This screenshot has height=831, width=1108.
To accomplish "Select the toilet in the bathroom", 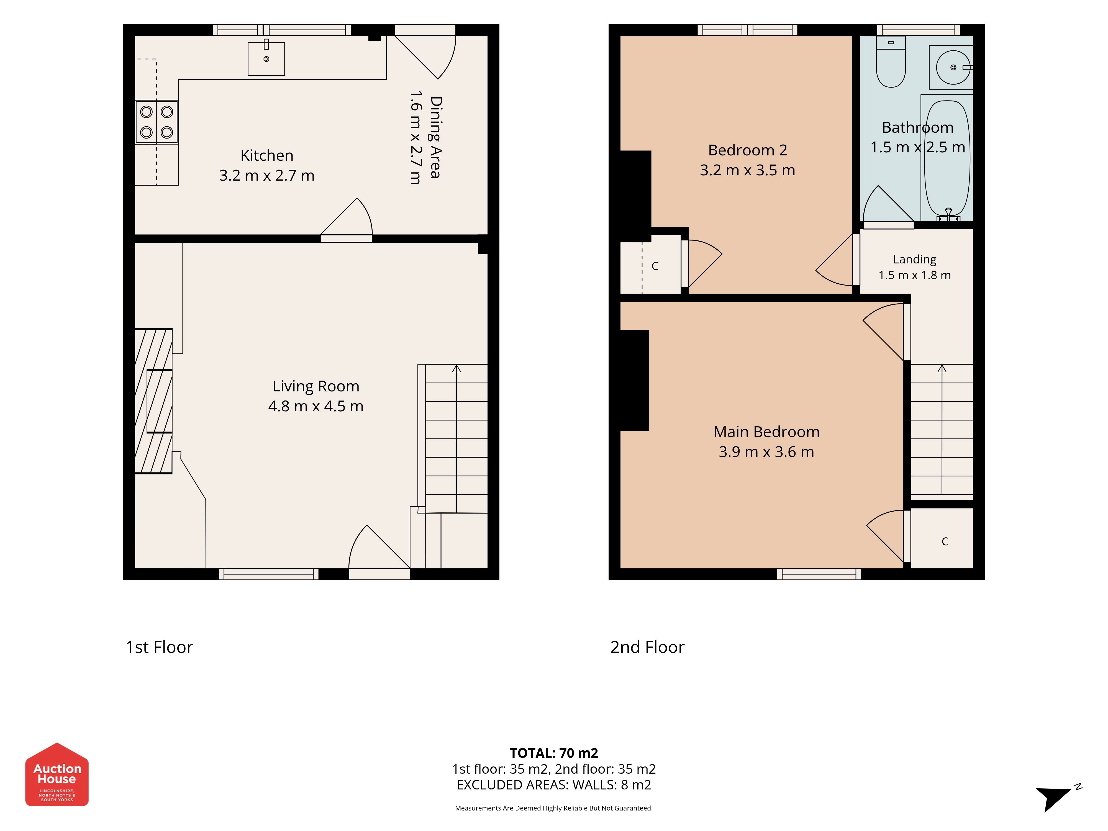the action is [x=891, y=61].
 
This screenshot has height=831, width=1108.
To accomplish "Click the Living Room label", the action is [x=316, y=386].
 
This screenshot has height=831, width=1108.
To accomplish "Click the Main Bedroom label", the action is [x=766, y=432].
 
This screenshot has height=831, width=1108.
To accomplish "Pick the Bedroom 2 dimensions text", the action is [x=747, y=170].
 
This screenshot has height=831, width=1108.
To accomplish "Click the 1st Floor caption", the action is [x=159, y=647].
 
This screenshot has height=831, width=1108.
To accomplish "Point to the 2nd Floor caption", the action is [x=647, y=647].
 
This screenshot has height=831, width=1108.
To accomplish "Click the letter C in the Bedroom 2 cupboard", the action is [x=655, y=266].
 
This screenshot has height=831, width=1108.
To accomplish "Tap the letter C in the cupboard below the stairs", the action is [x=945, y=542].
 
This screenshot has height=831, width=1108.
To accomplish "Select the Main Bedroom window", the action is [x=819, y=574].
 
